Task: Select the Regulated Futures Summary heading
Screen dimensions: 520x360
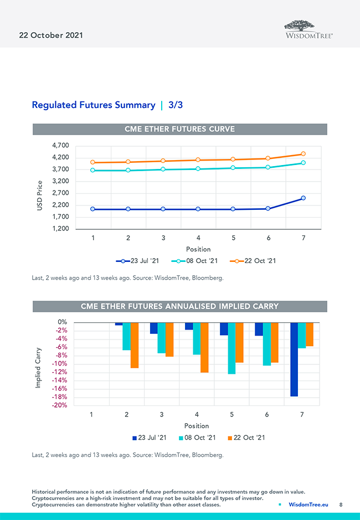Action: (94, 105)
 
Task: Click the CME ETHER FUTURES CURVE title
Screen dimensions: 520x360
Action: (180, 129)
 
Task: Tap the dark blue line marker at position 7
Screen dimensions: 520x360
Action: (303, 198)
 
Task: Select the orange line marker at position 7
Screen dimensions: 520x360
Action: (303, 154)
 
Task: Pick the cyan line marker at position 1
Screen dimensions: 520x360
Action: (93, 170)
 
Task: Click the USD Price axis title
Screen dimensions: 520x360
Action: (40, 195)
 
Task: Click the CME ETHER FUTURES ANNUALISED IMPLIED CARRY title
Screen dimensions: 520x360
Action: (180, 306)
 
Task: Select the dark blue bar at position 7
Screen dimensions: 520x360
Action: (294, 359)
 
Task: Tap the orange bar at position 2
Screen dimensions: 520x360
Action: (135, 345)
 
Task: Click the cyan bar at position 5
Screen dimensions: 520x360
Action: (232, 348)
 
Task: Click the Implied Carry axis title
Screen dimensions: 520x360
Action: (38, 368)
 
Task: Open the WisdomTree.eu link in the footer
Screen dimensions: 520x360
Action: (308, 504)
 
